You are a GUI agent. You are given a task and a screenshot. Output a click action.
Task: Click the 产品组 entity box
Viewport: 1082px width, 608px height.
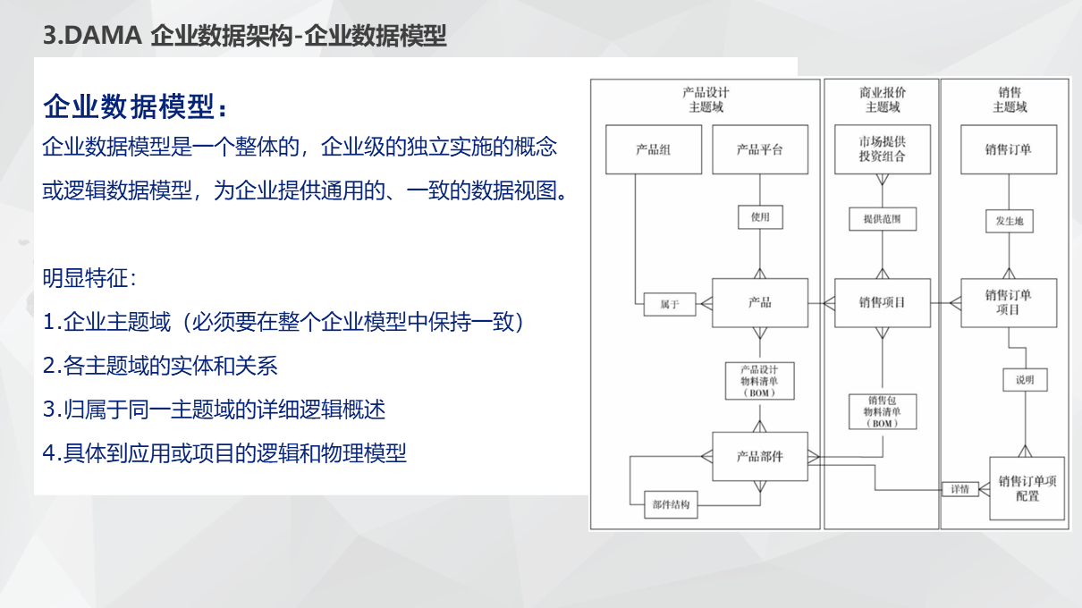pyautogui.click(x=653, y=149)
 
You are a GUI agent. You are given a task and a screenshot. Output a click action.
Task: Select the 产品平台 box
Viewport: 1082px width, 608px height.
pyautogui.click(x=759, y=149)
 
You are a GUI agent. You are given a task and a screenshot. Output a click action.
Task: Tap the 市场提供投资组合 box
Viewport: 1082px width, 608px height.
pyautogui.click(x=882, y=149)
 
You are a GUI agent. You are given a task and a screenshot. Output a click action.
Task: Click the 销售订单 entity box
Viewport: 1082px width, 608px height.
pyautogui.click(x=1009, y=149)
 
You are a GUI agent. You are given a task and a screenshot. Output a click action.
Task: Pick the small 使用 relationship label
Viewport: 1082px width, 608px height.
pyautogui.click(x=760, y=217)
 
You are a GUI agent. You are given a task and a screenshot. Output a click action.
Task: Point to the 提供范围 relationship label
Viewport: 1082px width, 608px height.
pyautogui.click(x=882, y=218)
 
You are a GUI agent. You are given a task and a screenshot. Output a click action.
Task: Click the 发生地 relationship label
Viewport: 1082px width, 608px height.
pyautogui.click(x=1009, y=221)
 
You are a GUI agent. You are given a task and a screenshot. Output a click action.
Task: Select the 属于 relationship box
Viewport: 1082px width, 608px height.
pyautogui.click(x=670, y=304)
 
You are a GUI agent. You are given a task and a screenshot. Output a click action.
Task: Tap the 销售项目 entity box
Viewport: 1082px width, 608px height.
pyautogui.click(x=882, y=303)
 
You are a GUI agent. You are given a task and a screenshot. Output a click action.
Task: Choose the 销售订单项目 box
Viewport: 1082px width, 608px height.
pyautogui.click(x=1009, y=302)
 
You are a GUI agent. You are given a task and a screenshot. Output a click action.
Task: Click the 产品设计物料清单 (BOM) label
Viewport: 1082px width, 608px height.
pyautogui.click(x=759, y=381)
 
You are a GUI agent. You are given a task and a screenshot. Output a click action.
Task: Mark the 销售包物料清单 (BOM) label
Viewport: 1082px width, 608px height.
pyautogui.click(x=883, y=411)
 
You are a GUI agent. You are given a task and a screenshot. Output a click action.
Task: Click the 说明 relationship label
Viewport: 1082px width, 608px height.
pyautogui.click(x=1025, y=380)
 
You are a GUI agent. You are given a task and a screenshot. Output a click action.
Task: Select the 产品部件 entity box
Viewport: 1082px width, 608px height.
pyautogui.click(x=759, y=456)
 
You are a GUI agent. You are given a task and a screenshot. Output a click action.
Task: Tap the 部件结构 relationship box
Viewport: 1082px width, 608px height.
pyautogui.click(x=671, y=505)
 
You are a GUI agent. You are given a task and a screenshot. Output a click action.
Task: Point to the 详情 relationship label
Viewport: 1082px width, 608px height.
pyautogui.click(x=960, y=489)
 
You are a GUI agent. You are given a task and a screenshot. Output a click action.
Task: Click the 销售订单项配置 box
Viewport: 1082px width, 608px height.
pyautogui.click(x=1027, y=488)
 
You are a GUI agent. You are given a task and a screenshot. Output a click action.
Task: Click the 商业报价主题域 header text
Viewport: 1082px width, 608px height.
pyautogui.click(x=882, y=99)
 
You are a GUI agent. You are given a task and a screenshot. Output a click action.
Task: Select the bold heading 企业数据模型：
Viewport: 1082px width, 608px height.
pyautogui.click(x=136, y=107)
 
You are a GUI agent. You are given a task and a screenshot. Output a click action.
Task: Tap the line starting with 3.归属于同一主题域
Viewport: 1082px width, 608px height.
pyautogui.click(x=215, y=410)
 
